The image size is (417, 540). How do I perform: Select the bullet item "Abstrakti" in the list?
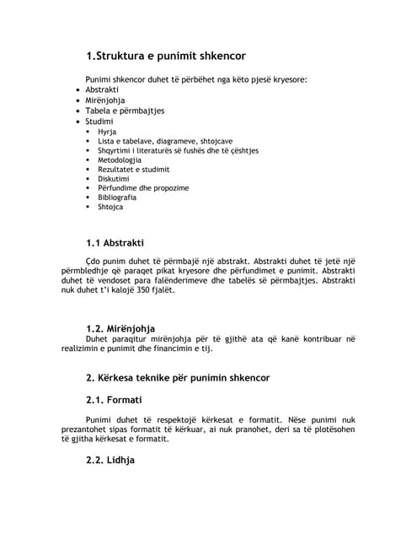click(x=102, y=89)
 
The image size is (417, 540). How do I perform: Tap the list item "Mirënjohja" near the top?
click(x=104, y=100)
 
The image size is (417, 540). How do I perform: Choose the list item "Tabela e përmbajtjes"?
click(x=125, y=111)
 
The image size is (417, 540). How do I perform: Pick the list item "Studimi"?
click(x=99, y=121)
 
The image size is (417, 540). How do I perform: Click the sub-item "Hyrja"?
click(x=107, y=132)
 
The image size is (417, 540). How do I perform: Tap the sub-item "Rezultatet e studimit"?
click(x=133, y=169)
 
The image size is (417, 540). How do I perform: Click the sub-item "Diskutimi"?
click(x=115, y=179)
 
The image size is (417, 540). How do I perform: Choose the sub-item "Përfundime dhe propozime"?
click(x=143, y=188)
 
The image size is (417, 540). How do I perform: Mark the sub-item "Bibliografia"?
click(x=117, y=197)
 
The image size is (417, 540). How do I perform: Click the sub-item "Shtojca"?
click(x=110, y=207)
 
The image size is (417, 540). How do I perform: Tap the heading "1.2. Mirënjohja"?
click(x=120, y=328)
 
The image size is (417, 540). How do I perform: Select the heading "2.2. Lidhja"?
click(x=110, y=460)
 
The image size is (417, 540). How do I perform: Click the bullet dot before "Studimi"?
click(x=78, y=121)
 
